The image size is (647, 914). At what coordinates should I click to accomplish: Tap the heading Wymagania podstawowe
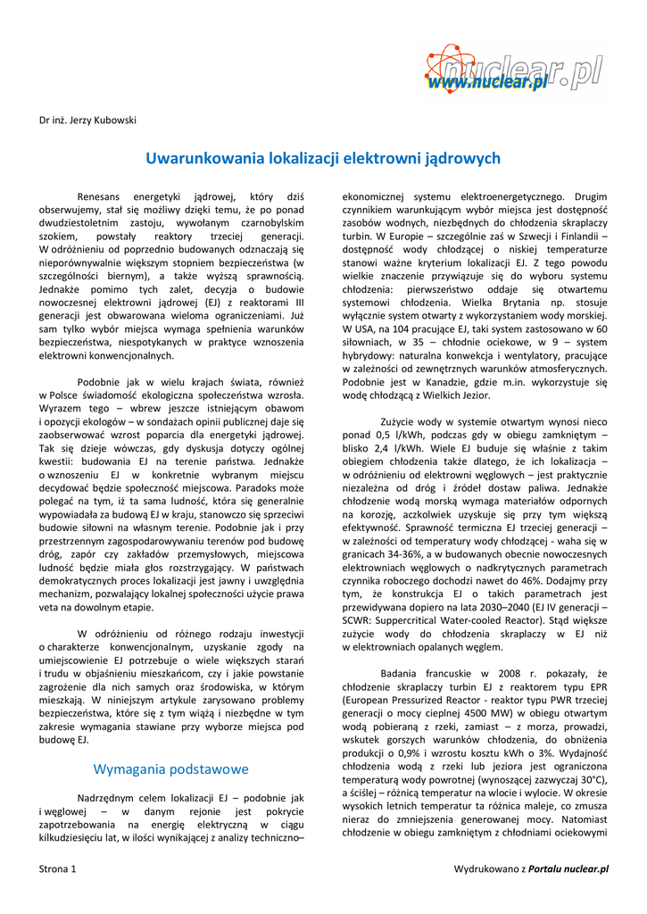pyautogui.click(x=171, y=769)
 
